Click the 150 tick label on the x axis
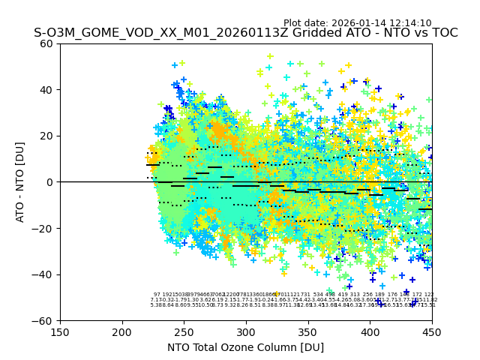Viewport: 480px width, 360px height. pyautogui.click(x=60, y=332)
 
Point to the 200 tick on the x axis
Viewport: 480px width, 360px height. pyautogui.click(x=122, y=332)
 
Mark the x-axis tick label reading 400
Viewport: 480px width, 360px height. pyautogui.click(x=370, y=332)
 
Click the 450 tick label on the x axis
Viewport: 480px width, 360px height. pyautogui.click(x=432, y=332)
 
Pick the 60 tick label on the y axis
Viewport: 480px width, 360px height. pyautogui.click(x=47, y=43)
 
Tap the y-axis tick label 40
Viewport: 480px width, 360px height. pyautogui.click(x=47, y=90)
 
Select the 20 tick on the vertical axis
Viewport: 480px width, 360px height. pyautogui.click(x=47, y=136)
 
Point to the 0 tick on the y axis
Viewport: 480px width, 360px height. pyautogui.click(x=50, y=182)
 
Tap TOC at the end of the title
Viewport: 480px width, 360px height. pyautogui.click(x=444, y=34)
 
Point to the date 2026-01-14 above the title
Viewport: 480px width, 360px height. pyautogui.click(x=358, y=23)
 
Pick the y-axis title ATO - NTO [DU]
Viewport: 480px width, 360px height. pyautogui.click(x=21, y=181)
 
